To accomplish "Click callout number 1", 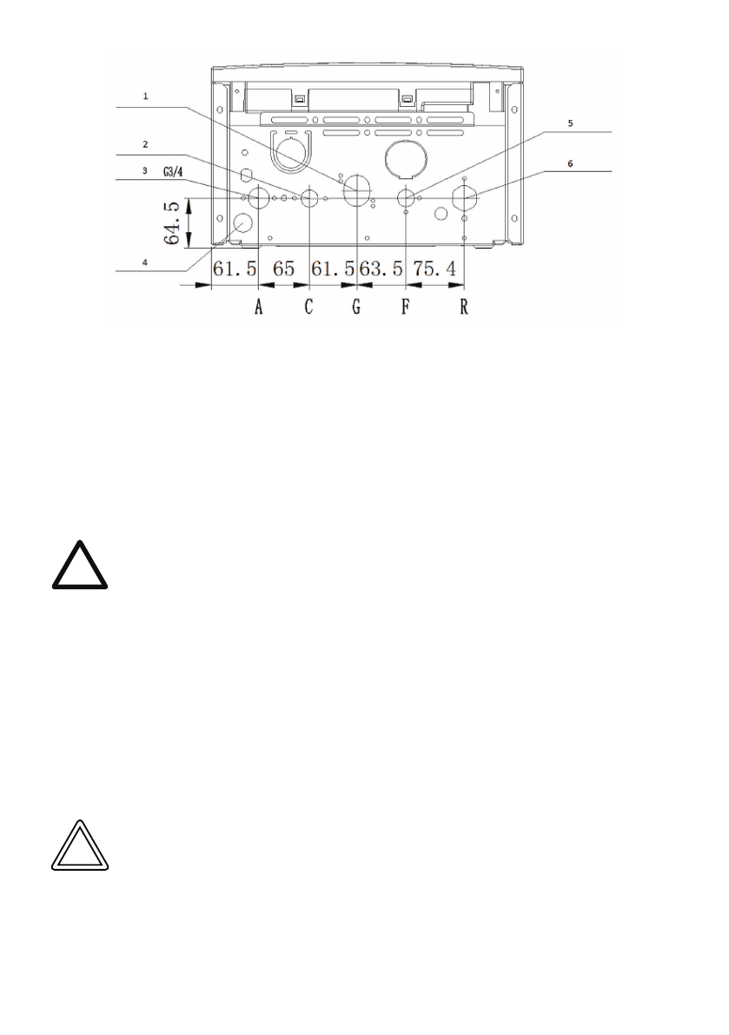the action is (146, 96).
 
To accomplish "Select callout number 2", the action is (145, 144).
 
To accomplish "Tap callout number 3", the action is (145, 171).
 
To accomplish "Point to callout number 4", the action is (145, 262).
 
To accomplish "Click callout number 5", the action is (571, 123).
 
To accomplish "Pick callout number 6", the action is (571, 163).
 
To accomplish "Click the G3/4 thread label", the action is (173, 172).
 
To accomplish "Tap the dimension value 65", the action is (283, 269).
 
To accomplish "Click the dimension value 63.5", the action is (381, 269).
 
